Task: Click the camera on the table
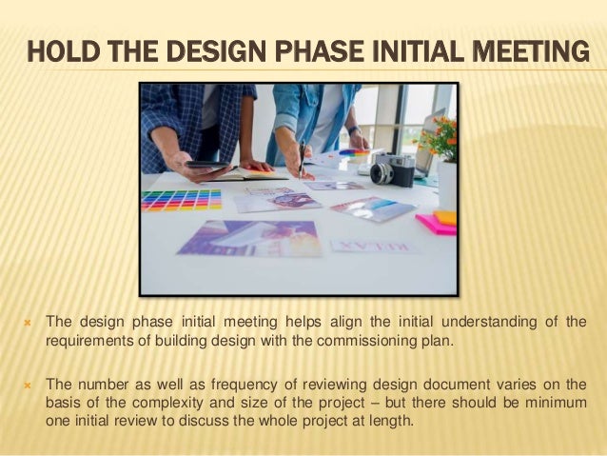(x=391, y=169)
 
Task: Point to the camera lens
(x=382, y=174)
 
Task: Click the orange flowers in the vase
(x=439, y=138)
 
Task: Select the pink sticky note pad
(x=436, y=225)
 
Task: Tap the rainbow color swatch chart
(x=181, y=199)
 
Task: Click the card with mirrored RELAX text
(x=374, y=247)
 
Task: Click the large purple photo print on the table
(x=250, y=238)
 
